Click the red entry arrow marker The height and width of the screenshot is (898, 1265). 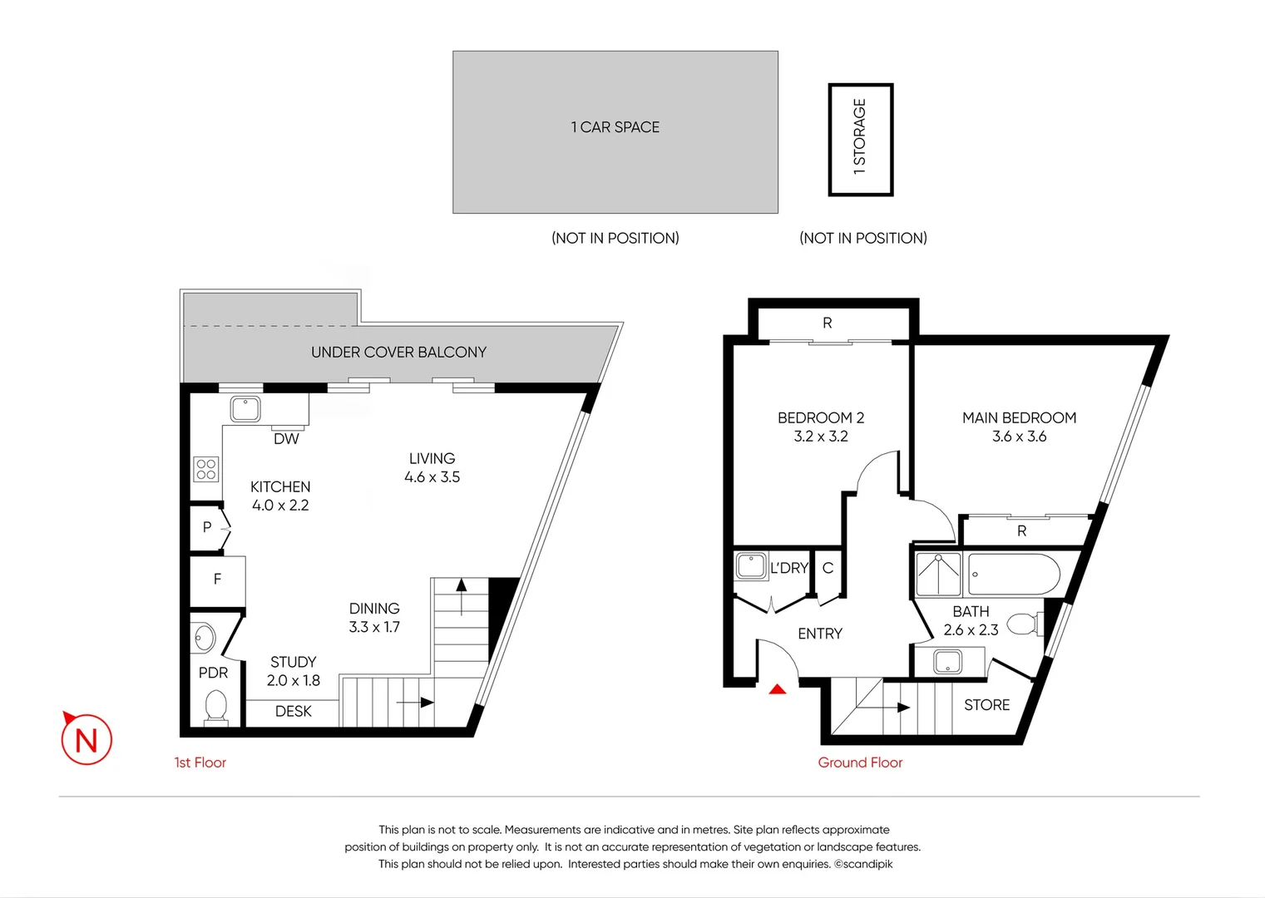coord(777,688)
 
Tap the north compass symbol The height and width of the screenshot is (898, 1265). coord(86,739)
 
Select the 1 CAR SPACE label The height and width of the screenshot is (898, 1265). coord(615,127)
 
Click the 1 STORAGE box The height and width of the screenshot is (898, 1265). coord(860,139)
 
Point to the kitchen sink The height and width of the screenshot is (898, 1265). coord(245,408)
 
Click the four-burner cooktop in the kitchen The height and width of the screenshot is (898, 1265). coord(206,469)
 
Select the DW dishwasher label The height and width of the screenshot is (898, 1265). coord(286,439)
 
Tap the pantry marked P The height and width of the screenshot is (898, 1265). coord(207,527)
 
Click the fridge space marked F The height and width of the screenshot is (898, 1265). coord(217,580)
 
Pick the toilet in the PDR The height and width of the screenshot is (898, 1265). coord(216,708)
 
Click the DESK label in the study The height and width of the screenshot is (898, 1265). coord(293,712)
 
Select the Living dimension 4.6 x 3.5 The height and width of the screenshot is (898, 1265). coord(432,477)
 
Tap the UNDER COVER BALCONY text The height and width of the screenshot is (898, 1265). coord(398,353)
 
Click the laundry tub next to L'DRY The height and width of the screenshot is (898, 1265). coord(751,566)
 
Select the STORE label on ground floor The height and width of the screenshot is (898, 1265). coord(986,705)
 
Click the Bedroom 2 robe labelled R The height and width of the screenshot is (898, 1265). coord(827,323)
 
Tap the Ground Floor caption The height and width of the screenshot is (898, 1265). coord(860,762)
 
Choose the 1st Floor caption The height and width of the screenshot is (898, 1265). coord(200,762)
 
